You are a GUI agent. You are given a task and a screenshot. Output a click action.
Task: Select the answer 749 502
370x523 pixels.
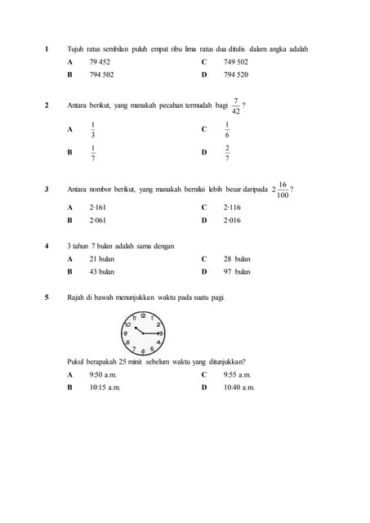[x=235, y=62]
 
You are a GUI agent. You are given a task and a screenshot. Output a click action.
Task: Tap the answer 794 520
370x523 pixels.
[x=235, y=74]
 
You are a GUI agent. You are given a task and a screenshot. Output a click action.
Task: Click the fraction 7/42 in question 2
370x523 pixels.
[x=235, y=105]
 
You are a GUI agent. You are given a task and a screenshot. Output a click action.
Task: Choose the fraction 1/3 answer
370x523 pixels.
[x=92, y=129]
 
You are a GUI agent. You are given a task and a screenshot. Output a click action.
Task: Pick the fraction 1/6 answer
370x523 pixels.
[x=227, y=129]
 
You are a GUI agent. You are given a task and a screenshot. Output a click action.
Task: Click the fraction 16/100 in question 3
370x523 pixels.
[x=282, y=190]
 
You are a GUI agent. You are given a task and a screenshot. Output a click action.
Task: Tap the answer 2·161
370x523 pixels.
[x=98, y=208]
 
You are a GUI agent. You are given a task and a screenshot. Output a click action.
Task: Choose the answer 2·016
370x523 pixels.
[x=232, y=220]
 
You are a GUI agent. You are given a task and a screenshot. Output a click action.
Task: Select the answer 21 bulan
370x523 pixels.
[x=101, y=258]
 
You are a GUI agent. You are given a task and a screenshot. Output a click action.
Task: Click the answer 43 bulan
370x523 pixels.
[x=101, y=271]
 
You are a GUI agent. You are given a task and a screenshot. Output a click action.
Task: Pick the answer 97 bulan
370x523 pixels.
[x=237, y=271]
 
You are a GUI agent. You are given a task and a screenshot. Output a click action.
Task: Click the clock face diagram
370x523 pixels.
[x=143, y=332]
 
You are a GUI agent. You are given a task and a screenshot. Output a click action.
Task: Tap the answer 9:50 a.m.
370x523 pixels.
[x=104, y=374]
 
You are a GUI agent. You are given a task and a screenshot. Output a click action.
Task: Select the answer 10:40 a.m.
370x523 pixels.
[x=239, y=387]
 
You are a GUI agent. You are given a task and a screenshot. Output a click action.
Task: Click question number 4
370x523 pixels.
[x=47, y=246]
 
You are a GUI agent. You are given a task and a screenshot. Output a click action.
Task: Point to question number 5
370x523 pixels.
[x=47, y=297]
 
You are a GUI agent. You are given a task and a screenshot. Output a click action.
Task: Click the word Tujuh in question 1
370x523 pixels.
[x=75, y=49]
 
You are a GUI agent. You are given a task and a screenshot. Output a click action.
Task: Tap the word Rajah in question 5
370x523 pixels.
[x=77, y=297]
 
